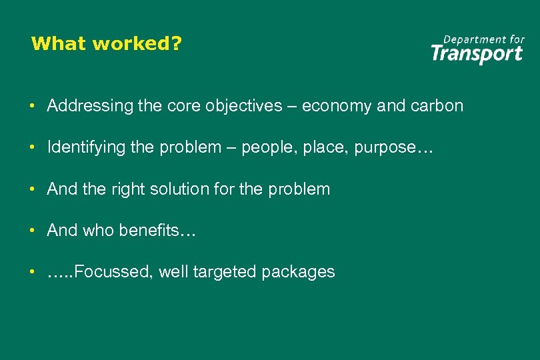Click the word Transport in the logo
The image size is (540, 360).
tap(477, 53)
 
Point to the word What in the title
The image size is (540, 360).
tap(59, 44)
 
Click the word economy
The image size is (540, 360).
tap(334, 106)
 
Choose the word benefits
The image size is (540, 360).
tap(153, 231)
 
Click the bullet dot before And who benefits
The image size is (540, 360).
tap(31, 231)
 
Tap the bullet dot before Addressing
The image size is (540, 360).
tap(31, 107)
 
